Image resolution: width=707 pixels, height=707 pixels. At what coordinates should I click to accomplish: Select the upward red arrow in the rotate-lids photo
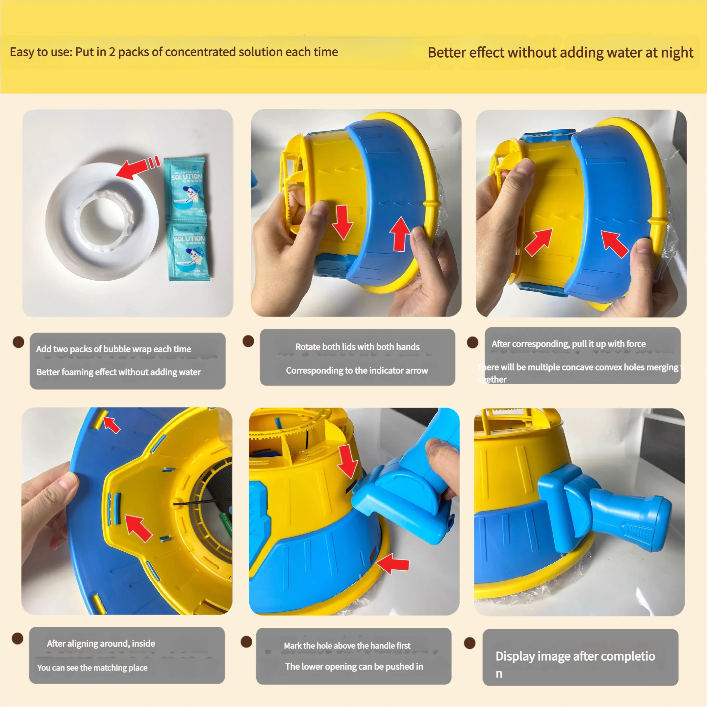coord(400,234)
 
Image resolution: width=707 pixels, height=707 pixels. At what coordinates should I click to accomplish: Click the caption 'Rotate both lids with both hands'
coord(357,346)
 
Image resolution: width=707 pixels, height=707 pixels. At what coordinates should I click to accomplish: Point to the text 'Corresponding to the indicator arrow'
coord(357,370)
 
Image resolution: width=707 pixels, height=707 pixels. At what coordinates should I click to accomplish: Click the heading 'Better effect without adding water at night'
coord(560,52)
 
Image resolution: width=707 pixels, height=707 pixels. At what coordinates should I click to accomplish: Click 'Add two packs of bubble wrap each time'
coord(114,349)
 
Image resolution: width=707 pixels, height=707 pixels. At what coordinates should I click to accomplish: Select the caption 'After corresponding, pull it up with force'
coord(568,343)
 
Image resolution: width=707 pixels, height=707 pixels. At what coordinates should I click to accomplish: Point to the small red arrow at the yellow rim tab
coord(112,425)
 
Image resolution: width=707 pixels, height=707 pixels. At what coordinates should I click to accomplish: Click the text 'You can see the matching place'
coord(92,668)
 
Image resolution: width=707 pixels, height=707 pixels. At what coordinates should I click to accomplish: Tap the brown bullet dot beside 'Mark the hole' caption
coord(246,642)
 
